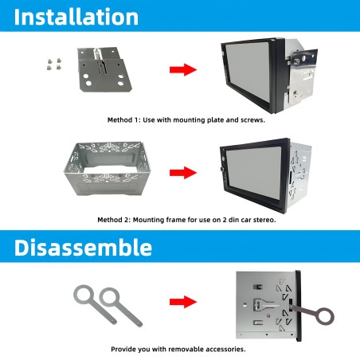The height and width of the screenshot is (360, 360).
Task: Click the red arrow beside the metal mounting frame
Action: [x=183, y=171]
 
